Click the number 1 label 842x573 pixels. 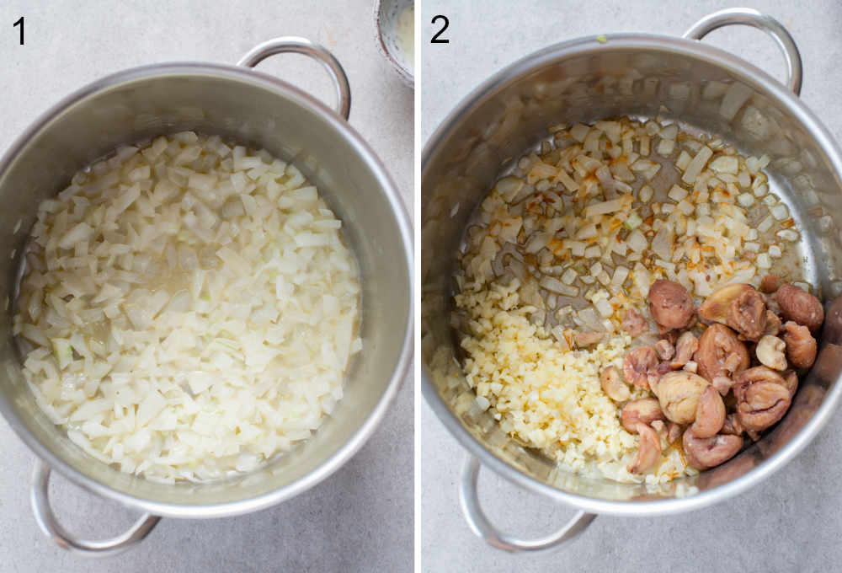[19, 30]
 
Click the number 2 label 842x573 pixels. [440, 30]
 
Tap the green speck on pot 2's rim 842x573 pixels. [602, 39]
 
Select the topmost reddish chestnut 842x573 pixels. [669, 303]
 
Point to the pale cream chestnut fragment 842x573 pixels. [770, 351]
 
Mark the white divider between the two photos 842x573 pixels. [418, 286]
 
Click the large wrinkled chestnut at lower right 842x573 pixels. [762, 396]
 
